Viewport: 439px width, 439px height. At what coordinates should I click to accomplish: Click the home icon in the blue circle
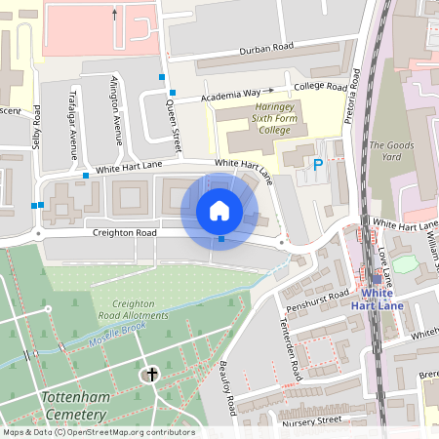coord(219,211)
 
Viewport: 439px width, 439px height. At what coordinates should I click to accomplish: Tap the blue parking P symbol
coord(317,166)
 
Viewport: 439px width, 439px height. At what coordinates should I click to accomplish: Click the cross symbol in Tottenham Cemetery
coord(151,374)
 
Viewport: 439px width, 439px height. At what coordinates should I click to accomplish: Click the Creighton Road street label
coord(125,234)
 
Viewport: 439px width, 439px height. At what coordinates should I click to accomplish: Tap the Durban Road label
coord(267,49)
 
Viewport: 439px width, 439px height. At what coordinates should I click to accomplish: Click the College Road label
coord(321,87)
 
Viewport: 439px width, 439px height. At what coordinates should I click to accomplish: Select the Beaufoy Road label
coord(228,385)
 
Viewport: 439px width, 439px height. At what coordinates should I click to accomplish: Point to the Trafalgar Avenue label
coord(74,123)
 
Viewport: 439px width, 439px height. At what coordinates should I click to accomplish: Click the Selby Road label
coord(36,128)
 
